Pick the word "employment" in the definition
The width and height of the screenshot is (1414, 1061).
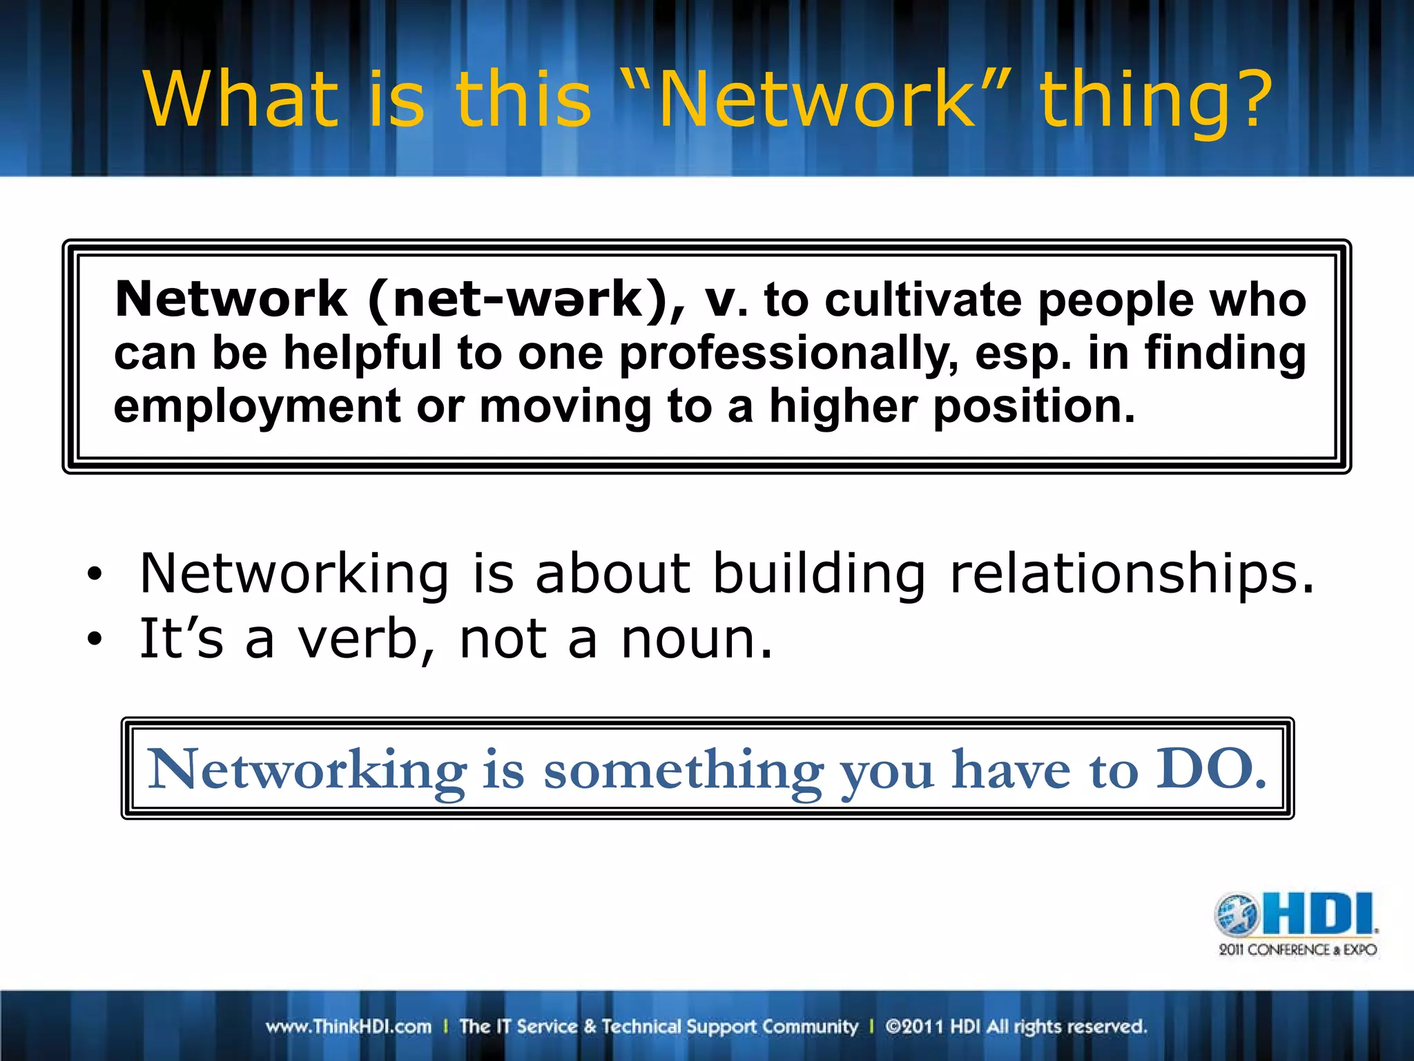(257, 408)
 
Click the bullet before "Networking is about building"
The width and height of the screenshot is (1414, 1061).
(95, 574)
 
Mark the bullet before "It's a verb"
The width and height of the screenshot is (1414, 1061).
(95, 639)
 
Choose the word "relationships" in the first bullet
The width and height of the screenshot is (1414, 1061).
(1132, 574)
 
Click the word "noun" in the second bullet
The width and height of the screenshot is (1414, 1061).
(695, 639)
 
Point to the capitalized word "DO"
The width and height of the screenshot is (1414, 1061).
(1210, 768)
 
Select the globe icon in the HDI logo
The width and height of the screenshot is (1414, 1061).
(1237, 914)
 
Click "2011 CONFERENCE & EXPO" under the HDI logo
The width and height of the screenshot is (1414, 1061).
(1297, 950)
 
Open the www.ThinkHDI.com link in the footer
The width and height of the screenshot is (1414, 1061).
(349, 1026)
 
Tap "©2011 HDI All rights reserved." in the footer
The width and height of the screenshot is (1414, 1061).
(1016, 1026)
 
